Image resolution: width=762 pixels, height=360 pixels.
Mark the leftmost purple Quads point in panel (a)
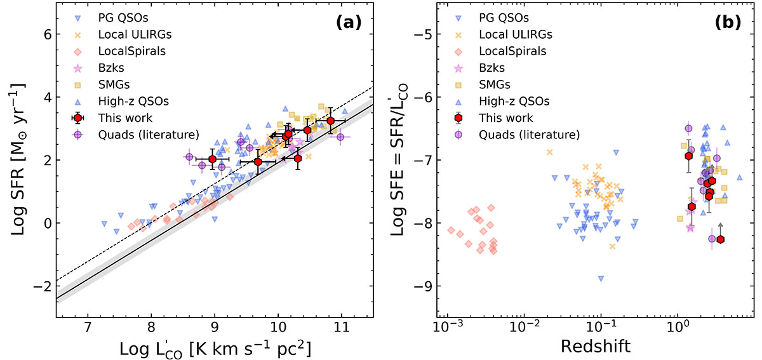point(189,157)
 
